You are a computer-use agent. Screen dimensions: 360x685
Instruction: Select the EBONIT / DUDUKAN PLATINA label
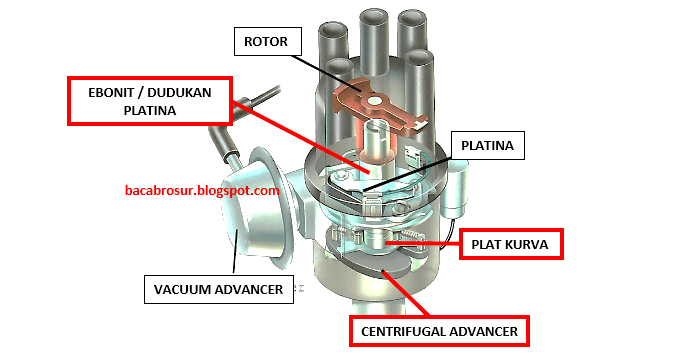click(149, 100)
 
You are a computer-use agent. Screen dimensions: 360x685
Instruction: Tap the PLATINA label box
click(488, 145)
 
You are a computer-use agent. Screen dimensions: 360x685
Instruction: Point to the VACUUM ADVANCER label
click(225, 290)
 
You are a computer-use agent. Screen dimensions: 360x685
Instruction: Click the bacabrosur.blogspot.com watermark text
click(201, 189)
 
